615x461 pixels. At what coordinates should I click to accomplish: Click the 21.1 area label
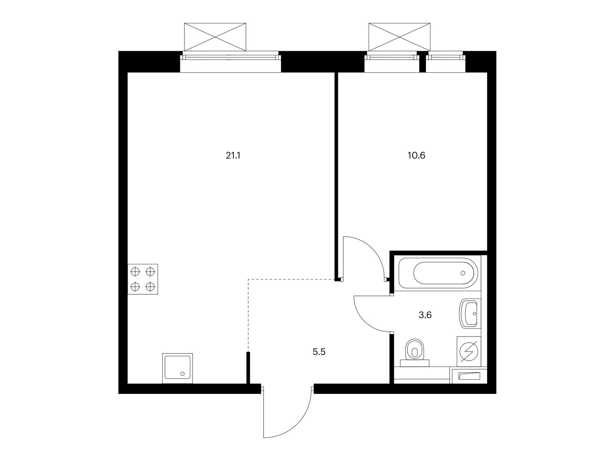(233, 156)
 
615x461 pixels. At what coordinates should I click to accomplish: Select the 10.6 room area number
(416, 156)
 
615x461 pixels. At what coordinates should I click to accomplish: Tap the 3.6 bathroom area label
(425, 315)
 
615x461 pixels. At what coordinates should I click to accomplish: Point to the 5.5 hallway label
(319, 352)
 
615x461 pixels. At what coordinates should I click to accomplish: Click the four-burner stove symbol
(143, 279)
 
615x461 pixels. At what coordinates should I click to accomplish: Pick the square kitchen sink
(178, 368)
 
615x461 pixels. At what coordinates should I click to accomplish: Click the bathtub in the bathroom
(438, 273)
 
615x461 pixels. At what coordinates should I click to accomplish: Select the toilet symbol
(415, 353)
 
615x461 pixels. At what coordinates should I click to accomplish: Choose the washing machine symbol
(469, 351)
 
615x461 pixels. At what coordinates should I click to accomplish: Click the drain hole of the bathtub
(463, 273)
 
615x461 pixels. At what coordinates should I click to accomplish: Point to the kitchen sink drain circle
(183, 374)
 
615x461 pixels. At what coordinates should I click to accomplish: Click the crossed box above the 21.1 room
(215, 37)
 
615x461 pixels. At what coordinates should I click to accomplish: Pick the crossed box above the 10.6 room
(399, 37)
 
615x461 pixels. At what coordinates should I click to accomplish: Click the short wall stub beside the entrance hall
(248, 368)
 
